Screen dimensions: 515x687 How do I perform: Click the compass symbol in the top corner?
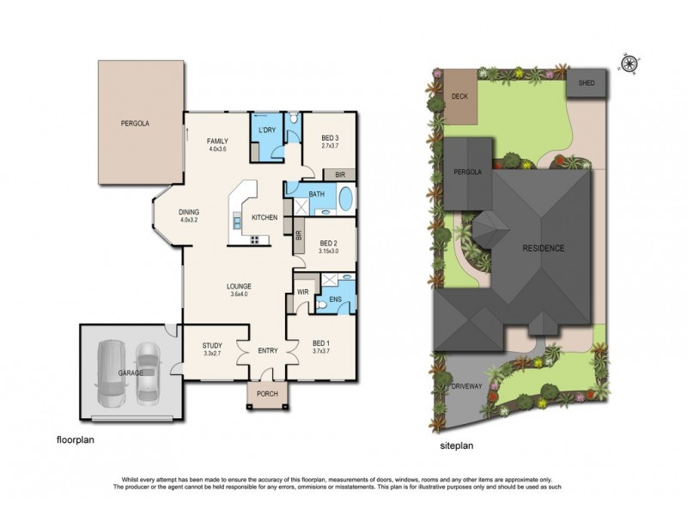pyautogui.click(x=630, y=62)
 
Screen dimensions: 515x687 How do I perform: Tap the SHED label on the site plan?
pyautogui.click(x=587, y=83)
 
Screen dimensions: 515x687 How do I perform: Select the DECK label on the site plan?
pyautogui.click(x=459, y=96)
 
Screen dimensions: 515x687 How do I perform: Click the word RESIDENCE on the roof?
pyautogui.click(x=544, y=249)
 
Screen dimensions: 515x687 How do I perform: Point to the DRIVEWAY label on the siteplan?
pyautogui.click(x=467, y=387)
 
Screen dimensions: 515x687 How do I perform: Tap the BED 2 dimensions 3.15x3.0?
pyautogui.click(x=328, y=251)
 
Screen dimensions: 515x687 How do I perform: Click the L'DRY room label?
pyautogui.click(x=266, y=130)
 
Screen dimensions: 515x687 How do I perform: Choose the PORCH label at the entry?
pyautogui.click(x=267, y=395)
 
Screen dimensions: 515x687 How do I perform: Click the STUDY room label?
pyautogui.click(x=212, y=345)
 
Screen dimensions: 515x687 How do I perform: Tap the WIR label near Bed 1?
pyautogui.click(x=302, y=293)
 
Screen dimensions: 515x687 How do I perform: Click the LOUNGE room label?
pyautogui.click(x=239, y=288)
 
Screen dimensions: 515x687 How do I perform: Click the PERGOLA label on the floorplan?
pyautogui.click(x=135, y=124)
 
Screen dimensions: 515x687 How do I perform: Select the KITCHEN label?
pyautogui.click(x=264, y=218)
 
